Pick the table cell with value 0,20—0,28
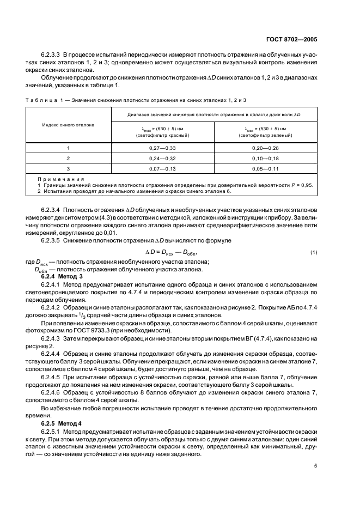(266, 148)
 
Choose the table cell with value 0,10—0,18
(266, 158)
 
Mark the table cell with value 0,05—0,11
(266, 168)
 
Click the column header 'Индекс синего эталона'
(69, 125)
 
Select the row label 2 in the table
(69, 158)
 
